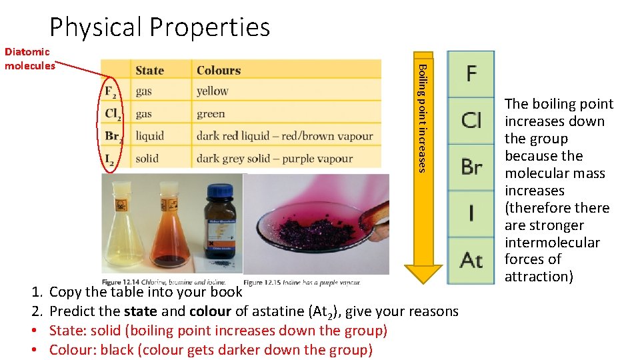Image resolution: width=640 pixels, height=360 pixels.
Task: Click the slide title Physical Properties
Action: [160, 27]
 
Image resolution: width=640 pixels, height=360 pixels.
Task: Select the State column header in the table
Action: [149, 70]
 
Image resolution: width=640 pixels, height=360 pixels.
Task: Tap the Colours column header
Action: [219, 70]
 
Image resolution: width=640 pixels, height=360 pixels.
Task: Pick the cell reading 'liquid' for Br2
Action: [149, 136]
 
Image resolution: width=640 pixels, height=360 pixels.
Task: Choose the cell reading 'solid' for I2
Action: [147, 159]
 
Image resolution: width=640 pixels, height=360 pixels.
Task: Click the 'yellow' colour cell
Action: [213, 91]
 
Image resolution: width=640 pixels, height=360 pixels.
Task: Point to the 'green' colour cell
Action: [211, 114]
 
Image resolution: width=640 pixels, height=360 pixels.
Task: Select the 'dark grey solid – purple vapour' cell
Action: [275, 159]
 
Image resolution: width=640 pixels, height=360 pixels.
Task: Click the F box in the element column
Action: [471, 73]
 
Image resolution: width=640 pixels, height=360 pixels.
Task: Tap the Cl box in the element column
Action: [471, 120]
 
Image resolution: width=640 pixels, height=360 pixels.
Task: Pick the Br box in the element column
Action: [471, 167]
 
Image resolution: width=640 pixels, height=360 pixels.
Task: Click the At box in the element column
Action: [471, 259]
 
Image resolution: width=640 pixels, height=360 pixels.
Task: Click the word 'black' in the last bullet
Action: [116, 350]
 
